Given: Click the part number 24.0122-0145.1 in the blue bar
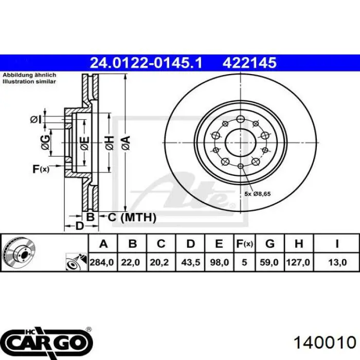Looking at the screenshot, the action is (x=146, y=63).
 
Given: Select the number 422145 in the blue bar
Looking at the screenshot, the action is (x=249, y=63).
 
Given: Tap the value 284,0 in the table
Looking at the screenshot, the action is (x=102, y=262).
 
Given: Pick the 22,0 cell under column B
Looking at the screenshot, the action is (x=131, y=262).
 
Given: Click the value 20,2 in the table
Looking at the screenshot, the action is (x=159, y=262).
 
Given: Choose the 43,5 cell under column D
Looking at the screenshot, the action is (x=191, y=262).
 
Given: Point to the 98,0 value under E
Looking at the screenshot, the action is (x=219, y=262).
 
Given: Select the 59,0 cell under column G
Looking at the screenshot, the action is (x=269, y=262).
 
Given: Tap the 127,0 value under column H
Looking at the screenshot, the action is (x=298, y=262).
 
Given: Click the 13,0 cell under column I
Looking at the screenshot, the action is (x=337, y=262).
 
